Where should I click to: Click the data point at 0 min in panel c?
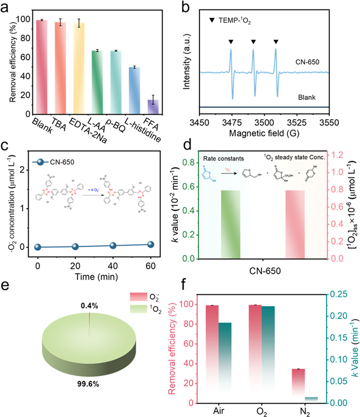coord(38,247)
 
